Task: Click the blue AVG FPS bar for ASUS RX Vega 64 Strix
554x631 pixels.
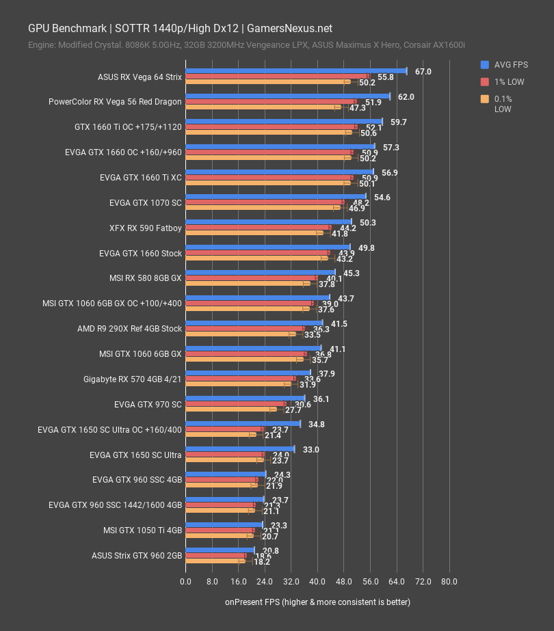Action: coord(295,70)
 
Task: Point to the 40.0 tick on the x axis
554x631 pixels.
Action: coord(317,582)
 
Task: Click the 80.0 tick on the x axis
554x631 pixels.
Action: coord(449,582)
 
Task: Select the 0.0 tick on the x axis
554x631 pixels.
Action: coord(185,582)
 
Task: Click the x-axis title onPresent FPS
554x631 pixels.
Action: coord(317,602)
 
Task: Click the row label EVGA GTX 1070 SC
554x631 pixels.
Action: coord(145,203)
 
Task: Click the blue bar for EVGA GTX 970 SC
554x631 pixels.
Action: coord(245,398)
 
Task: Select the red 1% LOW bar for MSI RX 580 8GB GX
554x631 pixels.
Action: coord(251,278)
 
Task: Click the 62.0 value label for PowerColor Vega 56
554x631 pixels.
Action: coord(406,96)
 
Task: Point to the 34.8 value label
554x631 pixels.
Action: coord(317,424)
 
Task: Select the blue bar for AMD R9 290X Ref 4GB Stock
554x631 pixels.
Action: coord(254,323)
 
